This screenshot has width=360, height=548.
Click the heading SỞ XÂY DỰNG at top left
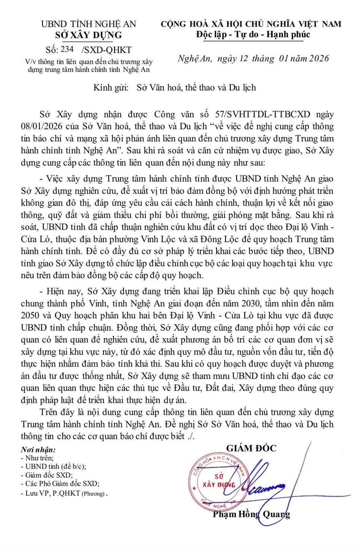89,35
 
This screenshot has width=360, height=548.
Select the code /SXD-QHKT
106,50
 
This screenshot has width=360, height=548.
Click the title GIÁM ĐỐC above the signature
251,448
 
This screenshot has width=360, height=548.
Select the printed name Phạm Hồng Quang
251,514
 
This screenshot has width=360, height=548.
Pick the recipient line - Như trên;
37,458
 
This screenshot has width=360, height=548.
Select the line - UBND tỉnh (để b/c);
54,466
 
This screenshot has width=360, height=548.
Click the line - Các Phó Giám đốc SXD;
60,484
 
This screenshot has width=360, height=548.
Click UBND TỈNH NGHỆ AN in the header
88,24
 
